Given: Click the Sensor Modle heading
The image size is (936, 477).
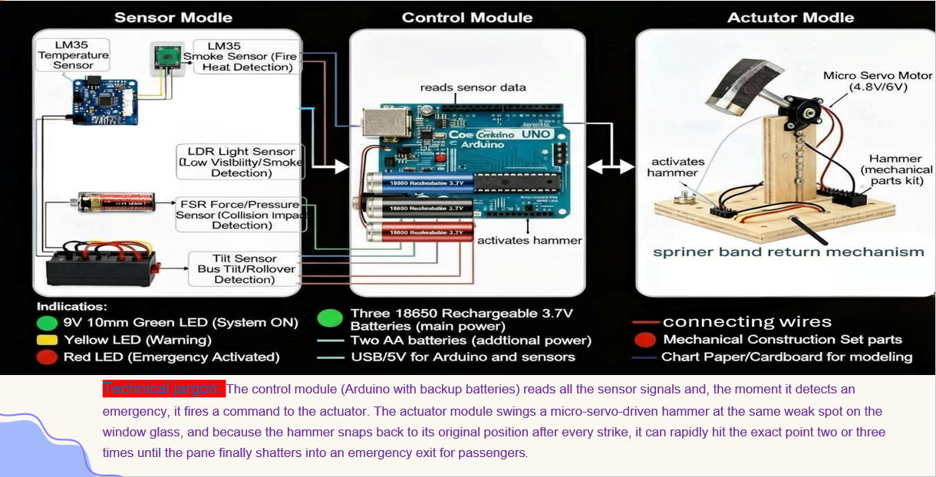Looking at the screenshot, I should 173,18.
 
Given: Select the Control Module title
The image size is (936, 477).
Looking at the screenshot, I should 466,18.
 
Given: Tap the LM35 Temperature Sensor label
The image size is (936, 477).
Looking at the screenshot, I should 73,55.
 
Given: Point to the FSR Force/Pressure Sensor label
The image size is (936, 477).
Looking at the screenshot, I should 238,215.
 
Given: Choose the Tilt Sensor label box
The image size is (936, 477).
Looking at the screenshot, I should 244,269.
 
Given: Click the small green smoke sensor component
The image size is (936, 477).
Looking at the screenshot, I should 166,56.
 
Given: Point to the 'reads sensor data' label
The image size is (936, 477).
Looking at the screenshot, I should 473,87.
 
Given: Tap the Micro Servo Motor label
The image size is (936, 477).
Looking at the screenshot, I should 878,81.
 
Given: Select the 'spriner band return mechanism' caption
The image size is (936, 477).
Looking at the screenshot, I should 788,252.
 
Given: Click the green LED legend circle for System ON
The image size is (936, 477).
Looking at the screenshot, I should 47,323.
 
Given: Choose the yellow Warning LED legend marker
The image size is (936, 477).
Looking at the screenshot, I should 47,340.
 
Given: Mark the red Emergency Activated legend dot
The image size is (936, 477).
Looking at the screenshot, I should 47,357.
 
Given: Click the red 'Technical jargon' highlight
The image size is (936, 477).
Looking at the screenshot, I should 163,389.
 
